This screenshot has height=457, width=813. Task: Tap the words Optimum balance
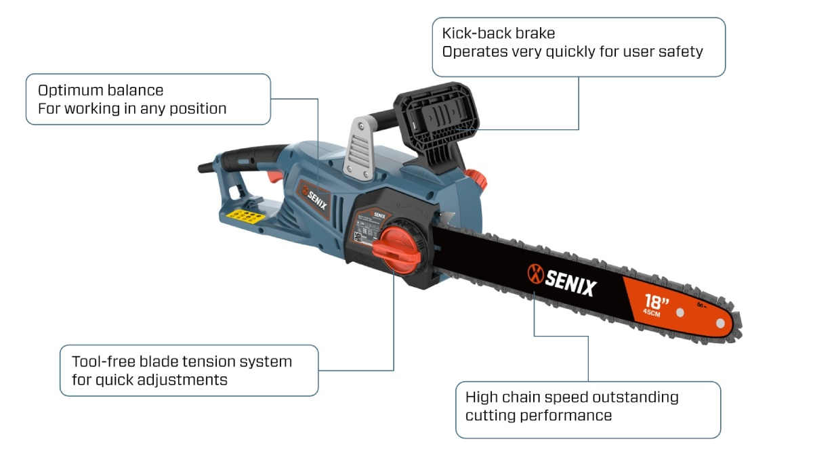tap(100, 90)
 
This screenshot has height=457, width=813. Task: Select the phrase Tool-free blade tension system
tap(182, 362)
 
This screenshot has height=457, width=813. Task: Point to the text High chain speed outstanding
tap(571, 397)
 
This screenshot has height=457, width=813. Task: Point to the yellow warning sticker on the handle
tap(245, 217)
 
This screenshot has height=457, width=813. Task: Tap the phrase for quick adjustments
tap(149, 379)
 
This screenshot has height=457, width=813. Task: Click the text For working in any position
tap(131, 108)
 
